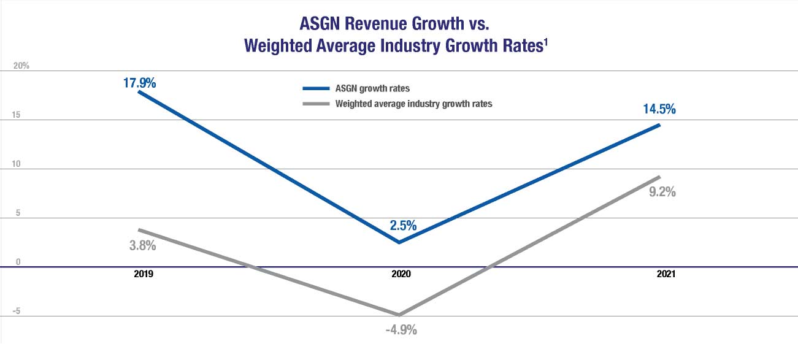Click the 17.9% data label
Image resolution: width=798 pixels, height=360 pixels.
pyautogui.click(x=138, y=82)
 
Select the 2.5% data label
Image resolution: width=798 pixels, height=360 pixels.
pyautogui.click(x=403, y=225)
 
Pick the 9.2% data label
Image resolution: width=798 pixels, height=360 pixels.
pyautogui.click(x=658, y=191)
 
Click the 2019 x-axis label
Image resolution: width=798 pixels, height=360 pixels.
pyautogui.click(x=143, y=275)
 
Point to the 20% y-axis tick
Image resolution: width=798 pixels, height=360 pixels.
pyautogui.click(x=21, y=66)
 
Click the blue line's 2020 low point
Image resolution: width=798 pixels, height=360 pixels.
pyautogui.click(x=399, y=242)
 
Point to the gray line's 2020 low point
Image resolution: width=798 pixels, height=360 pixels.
pyautogui.click(x=399, y=315)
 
